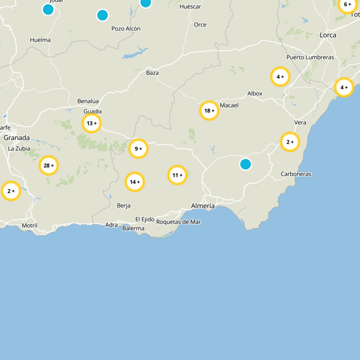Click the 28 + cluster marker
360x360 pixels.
49,166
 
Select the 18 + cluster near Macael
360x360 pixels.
209,110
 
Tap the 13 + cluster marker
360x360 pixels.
91,123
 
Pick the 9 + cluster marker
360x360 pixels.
138,148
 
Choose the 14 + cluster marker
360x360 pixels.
135,182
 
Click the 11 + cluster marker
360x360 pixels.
177,175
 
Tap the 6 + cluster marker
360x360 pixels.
347,4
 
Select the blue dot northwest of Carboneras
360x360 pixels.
245,164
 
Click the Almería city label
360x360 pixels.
203,206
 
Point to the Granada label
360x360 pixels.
17,138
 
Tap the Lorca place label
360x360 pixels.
328,35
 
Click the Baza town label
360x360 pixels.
153,72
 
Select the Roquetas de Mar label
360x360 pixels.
179,222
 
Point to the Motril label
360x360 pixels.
30,225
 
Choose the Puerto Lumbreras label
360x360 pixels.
310,57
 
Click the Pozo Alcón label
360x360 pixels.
126,28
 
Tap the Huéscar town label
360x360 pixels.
190,7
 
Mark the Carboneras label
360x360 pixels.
296,174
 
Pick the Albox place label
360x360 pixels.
255,94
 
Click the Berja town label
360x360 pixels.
124,206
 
